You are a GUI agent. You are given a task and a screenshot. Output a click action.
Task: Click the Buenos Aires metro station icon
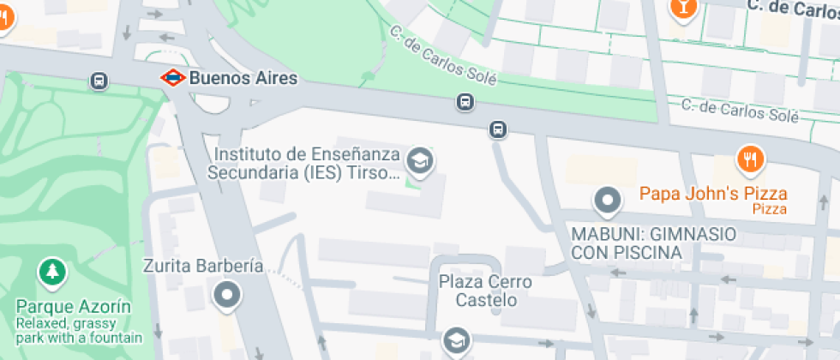[x=173, y=78]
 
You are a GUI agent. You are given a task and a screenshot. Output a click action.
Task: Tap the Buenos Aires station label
[x=243, y=78]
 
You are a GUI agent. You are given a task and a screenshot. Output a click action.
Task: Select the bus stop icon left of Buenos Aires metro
[x=99, y=81]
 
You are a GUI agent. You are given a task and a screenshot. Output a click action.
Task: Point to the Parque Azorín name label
[x=73, y=307]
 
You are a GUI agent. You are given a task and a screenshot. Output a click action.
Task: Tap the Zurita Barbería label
[x=203, y=266]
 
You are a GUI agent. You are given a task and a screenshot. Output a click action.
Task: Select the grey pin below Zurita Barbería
[x=228, y=295]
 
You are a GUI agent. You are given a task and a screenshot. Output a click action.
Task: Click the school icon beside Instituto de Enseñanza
[x=419, y=159]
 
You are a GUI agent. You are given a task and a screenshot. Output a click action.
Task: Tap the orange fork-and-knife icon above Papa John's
[x=750, y=159]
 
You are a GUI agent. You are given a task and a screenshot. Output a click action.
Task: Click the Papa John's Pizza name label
[x=713, y=194]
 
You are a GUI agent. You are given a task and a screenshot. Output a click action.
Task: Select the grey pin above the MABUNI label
[x=608, y=201]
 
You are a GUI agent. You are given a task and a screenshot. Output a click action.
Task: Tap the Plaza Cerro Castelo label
[x=485, y=291]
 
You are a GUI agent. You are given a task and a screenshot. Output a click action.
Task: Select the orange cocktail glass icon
[x=683, y=7]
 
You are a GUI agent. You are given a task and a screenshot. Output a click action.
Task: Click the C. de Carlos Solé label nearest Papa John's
[x=739, y=109]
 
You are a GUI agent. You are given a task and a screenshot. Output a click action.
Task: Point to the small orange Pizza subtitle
[x=770, y=209]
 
